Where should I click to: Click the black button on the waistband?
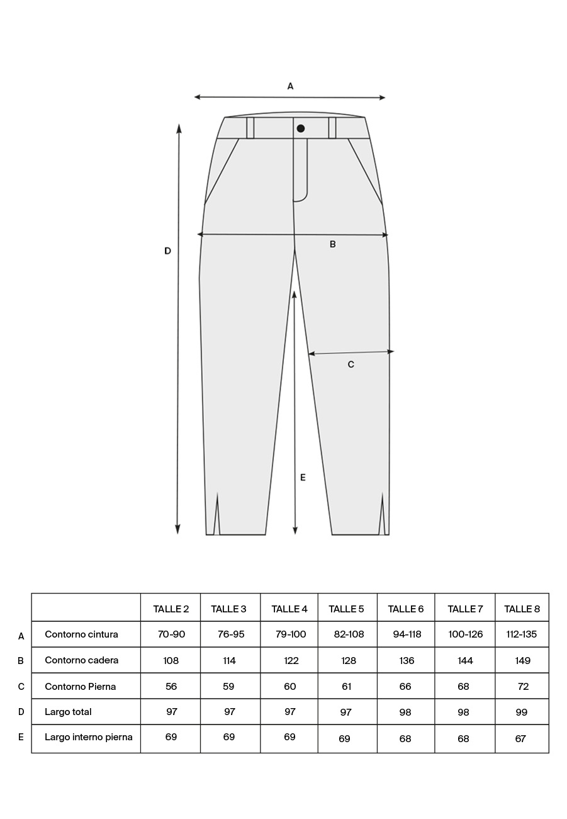(301, 129)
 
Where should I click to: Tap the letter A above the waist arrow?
(290, 86)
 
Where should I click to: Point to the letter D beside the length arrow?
(167, 251)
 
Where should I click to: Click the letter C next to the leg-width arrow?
(351, 364)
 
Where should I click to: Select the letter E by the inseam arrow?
(303, 478)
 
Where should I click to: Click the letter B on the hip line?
(333, 244)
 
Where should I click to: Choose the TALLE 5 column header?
(346, 609)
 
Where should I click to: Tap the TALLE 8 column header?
(522, 609)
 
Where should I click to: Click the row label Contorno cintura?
(81, 634)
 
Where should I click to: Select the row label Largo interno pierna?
(88, 737)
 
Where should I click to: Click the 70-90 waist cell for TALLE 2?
(171, 634)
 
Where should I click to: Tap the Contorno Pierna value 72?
(523, 687)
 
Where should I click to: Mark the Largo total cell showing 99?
(521, 712)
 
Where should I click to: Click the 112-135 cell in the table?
(521, 634)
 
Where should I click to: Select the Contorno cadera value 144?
(464, 661)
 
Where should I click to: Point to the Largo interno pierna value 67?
(520, 738)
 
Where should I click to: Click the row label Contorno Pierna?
(80, 687)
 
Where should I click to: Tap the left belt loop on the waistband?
(250, 128)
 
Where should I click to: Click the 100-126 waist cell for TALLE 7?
(465, 634)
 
